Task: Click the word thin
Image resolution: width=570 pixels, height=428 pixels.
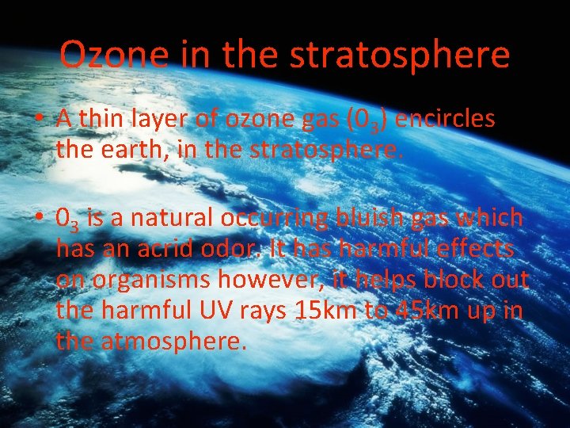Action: click(x=104, y=120)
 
